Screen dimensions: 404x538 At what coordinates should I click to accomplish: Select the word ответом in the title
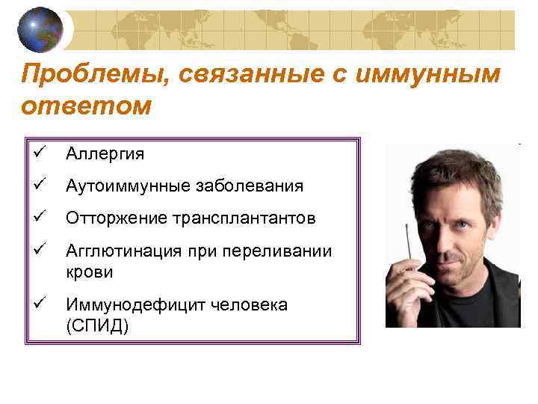86,105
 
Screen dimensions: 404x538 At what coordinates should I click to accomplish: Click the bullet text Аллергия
105,154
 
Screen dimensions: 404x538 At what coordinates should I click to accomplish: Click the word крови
89,272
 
